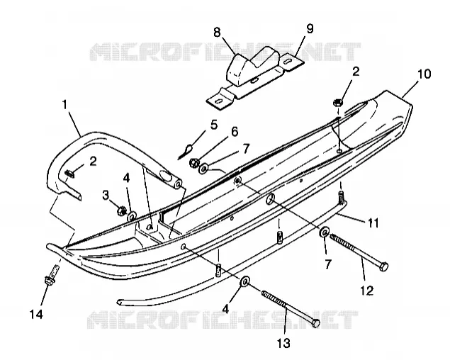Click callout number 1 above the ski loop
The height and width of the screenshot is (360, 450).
click(65, 105)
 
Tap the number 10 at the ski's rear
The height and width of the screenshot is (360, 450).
click(424, 74)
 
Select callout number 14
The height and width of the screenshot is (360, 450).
click(37, 315)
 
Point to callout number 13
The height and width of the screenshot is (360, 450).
click(283, 343)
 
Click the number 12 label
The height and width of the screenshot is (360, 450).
click(367, 291)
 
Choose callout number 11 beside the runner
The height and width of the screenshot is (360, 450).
click(373, 223)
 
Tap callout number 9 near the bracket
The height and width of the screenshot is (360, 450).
click(310, 29)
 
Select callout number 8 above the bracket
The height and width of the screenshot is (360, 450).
click(217, 32)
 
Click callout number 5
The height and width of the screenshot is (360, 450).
click(214, 125)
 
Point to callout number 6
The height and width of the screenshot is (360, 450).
click(235, 132)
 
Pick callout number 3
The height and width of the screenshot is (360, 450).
click(106, 196)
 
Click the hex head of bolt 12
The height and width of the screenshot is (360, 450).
click(383, 266)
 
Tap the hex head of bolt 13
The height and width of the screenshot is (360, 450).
click(315, 323)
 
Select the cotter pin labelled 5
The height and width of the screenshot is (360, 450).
click(186, 151)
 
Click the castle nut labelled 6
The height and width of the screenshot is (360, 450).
click(194, 163)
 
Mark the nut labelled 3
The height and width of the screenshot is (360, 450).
click(121, 211)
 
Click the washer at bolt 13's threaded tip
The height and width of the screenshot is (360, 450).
click(245, 282)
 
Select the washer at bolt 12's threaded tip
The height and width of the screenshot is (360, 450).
click(325, 232)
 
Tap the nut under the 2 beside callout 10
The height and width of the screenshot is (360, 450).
click(338, 103)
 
